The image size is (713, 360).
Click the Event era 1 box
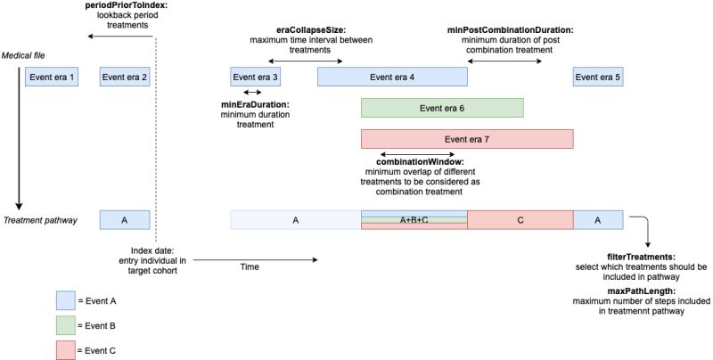(x=50, y=78)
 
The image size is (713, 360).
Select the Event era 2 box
(x=125, y=78)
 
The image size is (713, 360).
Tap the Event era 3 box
(x=255, y=78)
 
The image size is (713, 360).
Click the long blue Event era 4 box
(x=392, y=78)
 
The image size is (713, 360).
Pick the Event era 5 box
(x=597, y=78)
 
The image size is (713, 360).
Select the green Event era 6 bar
(x=441, y=108)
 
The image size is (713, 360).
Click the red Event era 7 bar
(x=466, y=139)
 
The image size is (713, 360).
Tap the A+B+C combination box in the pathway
(x=414, y=219)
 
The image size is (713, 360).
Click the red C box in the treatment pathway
(x=520, y=219)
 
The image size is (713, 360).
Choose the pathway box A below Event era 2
(x=125, y=219)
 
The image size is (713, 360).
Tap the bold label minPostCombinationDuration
(x=509, y=29)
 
